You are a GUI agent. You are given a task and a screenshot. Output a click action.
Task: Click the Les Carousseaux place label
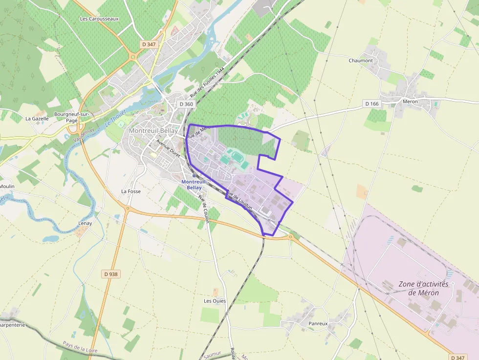99,19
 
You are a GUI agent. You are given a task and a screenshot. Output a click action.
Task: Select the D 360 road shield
186,104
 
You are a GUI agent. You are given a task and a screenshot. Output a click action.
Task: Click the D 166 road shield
372,104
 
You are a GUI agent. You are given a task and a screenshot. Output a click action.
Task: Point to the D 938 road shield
111,274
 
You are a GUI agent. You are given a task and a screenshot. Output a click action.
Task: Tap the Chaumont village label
361,61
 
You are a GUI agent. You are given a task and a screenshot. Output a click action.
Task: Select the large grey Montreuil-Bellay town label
153,131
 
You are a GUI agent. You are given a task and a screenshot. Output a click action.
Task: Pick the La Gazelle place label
37,118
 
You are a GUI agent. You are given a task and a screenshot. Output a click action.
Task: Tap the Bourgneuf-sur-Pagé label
72,117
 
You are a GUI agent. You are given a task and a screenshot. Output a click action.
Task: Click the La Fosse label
131,191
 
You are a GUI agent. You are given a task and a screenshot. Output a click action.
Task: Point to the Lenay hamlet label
85,223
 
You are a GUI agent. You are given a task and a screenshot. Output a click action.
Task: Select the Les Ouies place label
215,301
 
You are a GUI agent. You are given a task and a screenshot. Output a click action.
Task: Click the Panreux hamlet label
318,324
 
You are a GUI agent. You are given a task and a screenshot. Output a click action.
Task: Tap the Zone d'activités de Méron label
423,288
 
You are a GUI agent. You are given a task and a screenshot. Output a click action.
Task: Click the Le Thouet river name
115,118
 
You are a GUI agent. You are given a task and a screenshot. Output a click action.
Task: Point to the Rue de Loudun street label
239,200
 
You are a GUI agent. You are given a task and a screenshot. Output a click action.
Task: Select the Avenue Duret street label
169,148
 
